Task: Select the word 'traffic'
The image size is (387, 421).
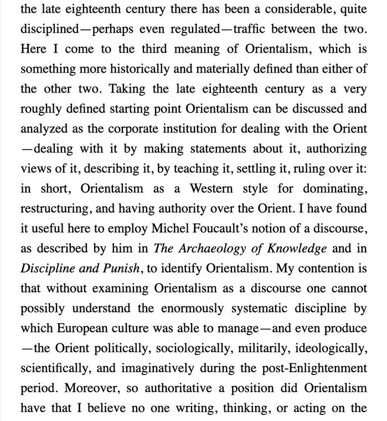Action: pos(250,29)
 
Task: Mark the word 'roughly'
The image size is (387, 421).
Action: pos(40,109)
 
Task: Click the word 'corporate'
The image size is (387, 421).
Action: pos(132,129)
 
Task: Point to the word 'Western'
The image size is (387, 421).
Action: pos(212,188)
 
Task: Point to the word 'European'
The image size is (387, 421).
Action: pos(80,328)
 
